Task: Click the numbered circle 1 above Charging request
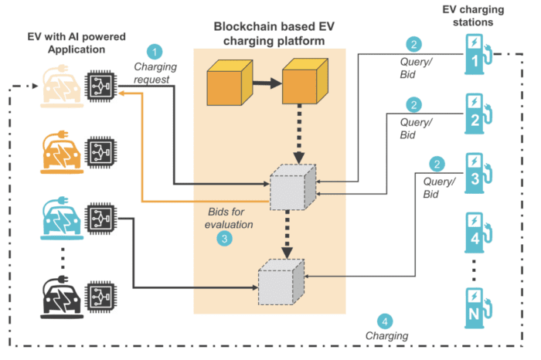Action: coord(157,53)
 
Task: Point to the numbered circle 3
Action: coord(224,239)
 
